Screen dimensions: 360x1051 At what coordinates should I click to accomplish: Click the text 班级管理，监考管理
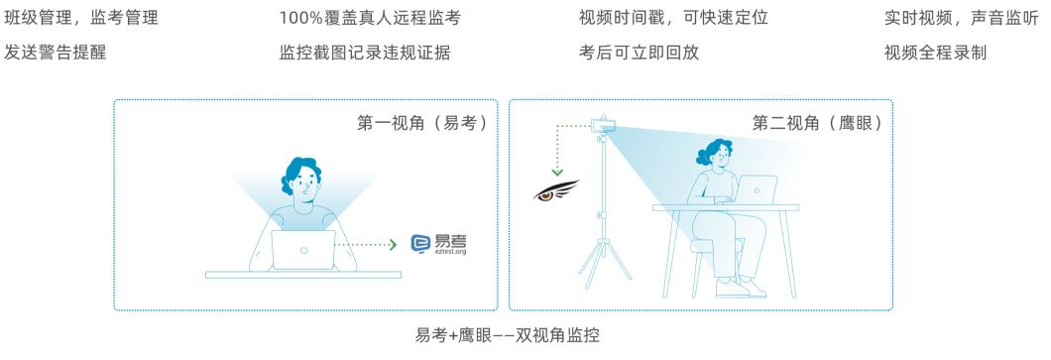[x=81, y=18]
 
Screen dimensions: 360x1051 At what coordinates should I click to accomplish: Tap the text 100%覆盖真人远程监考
[x=371, y=18]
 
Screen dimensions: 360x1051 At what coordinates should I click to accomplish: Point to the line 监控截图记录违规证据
[x=365, y=53]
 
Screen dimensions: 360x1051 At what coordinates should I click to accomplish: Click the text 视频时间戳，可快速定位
[x=673, y=18]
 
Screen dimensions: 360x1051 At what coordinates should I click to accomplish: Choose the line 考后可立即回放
[x=639, y=53]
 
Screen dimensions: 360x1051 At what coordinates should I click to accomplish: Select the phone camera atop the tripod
[x=601, y=126]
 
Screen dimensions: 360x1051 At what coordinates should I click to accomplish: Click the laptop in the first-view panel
[x=303, y=250]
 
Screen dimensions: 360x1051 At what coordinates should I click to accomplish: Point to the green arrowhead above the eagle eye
[x=557, y=171]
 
